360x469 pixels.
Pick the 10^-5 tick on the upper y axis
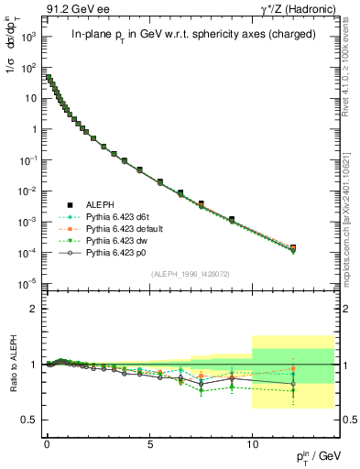[27, 282]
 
